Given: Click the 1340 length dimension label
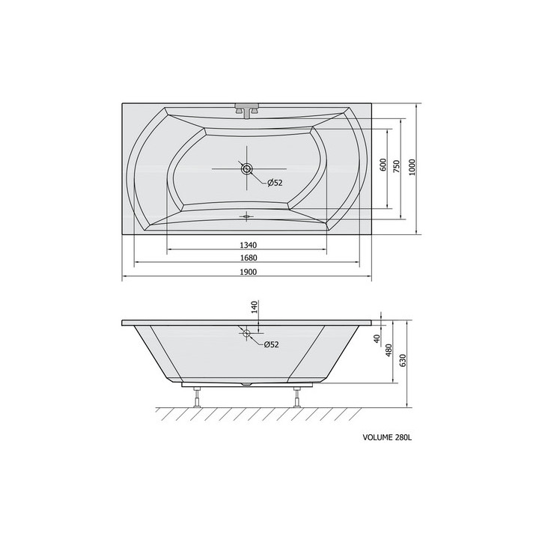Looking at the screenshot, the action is [x=249, y=245].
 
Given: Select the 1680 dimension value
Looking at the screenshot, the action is [x=249, y=258].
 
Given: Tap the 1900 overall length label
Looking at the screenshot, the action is [x=249, y=272].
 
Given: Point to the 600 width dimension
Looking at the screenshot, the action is [x=383, y=165].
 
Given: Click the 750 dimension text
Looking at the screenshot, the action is [x=397, y=166].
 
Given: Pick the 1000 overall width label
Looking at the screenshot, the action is [x=412, y=167].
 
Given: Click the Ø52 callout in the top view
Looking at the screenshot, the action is [x=275, y=183].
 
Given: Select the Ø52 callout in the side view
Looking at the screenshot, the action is [x=271, y=344].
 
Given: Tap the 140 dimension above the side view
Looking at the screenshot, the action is [x=254, y=307].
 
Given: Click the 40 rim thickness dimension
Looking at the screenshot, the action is [x=377, y=338].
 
